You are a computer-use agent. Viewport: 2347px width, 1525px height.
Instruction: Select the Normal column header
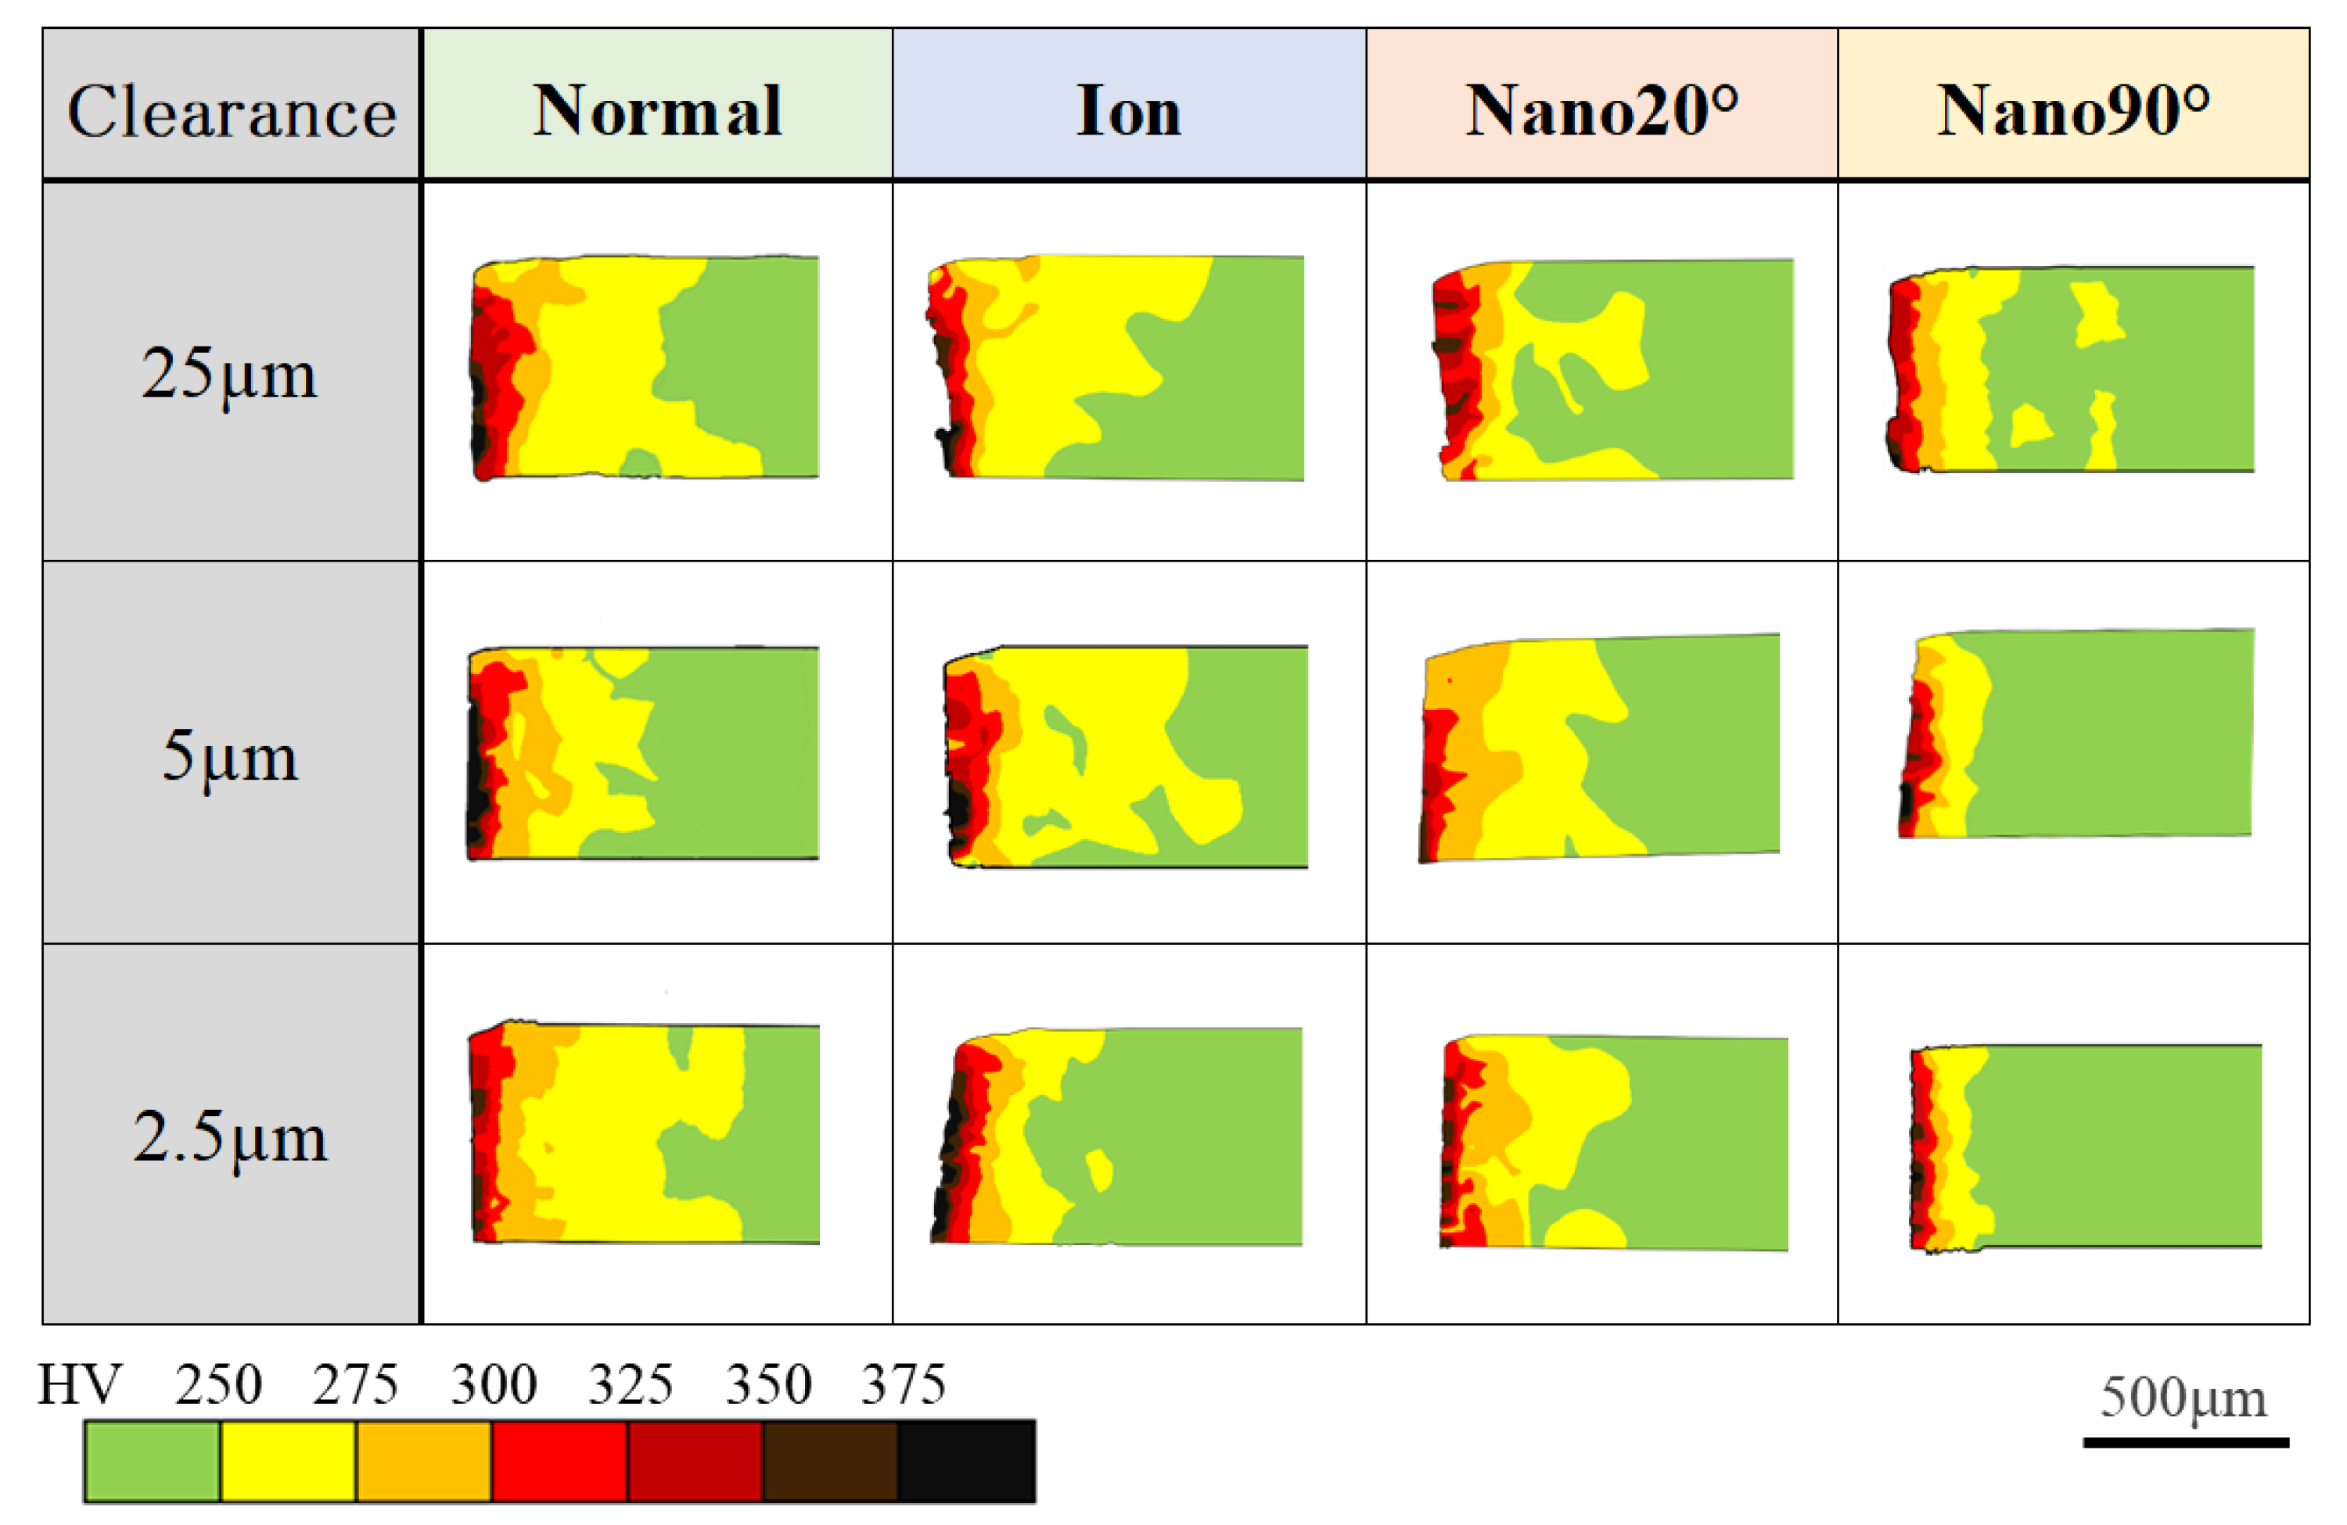point(656,109)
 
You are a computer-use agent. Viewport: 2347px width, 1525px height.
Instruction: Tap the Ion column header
point(1128,109)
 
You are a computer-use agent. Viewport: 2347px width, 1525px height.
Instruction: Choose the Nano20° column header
point(1601,109)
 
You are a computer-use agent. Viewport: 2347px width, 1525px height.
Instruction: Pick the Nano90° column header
point(2073,109)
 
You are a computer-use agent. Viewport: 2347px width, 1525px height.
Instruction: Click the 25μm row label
point(230,375)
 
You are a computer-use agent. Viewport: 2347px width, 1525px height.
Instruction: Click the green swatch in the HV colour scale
point(151,1461)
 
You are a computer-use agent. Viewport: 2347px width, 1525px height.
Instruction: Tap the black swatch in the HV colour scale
point(966,1461)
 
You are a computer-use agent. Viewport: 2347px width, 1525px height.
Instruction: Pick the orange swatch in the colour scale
point(423,1461)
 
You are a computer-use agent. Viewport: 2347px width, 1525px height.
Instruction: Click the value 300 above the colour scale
point(493,1384)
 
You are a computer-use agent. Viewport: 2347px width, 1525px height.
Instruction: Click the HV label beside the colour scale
point(79,1384)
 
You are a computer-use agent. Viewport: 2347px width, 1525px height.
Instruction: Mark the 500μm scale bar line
point(2185,1442)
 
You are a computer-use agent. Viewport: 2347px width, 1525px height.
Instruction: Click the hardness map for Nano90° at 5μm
point(2076,734)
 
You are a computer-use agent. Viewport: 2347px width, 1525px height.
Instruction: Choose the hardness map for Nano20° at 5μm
point(1600,747)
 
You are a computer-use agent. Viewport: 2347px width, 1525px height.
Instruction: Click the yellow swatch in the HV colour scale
point(287,1461)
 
